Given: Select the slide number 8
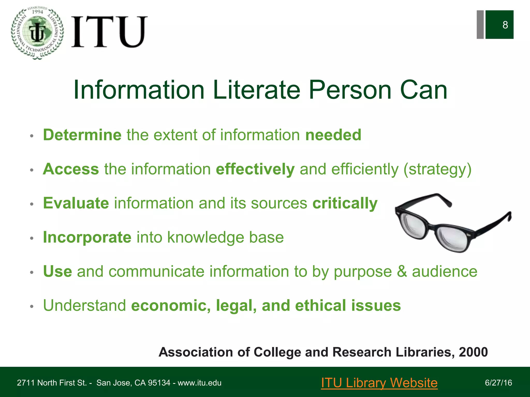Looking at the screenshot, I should (505, 25).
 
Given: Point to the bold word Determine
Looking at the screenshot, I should (82, 135).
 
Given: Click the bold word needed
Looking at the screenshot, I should (333, 135).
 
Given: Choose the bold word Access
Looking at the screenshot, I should (71, 169).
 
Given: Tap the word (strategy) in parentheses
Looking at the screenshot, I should (437, 170).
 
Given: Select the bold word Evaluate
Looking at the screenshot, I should (76, 203).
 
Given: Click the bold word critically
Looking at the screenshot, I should (345, 204).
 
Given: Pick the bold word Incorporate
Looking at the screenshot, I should (87, 237).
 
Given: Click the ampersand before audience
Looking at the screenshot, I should (402, 271).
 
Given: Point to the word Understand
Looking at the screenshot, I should (85, 306).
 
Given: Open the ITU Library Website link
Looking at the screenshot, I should (379, 383).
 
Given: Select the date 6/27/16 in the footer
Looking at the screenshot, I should (498, 383).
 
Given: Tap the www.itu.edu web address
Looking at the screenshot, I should (199, 383).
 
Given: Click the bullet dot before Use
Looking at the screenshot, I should (32, 272).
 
